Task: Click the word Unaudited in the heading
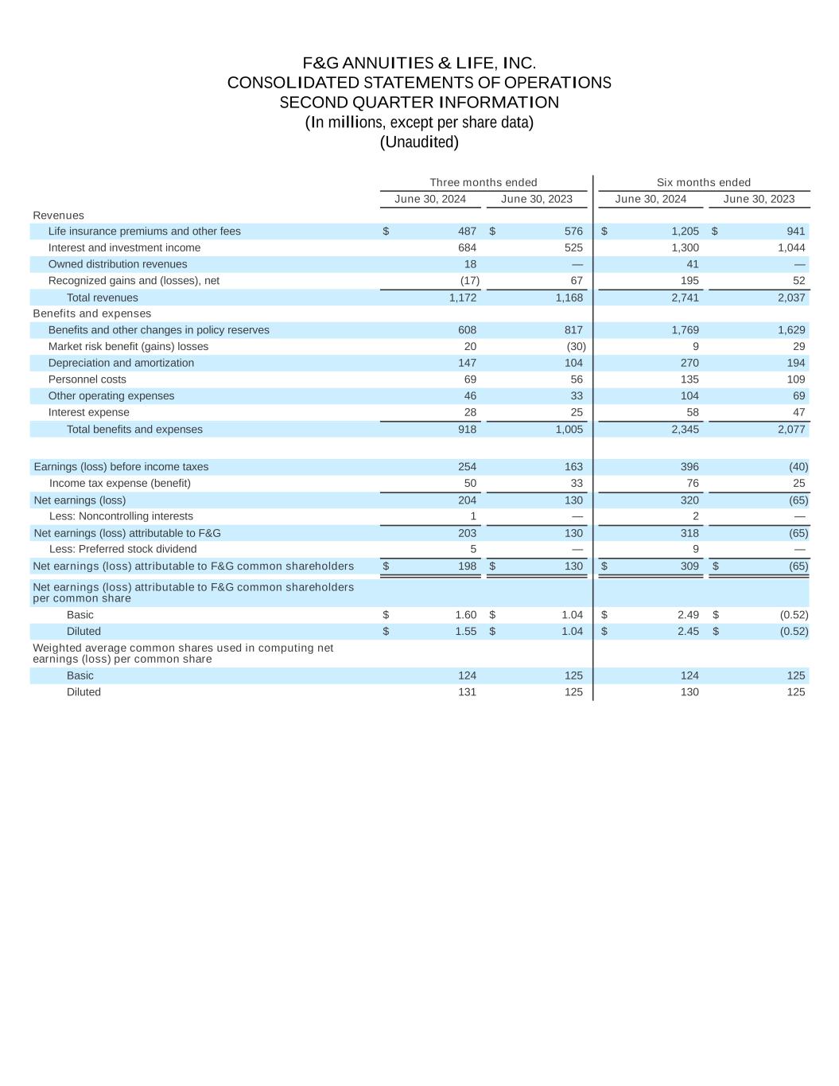click(x=419, y=142)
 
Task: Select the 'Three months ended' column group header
click(x=484, y=183)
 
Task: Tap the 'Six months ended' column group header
click(x=703, y=183)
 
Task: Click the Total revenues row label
click(x=102, y=298)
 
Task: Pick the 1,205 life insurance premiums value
click(x=685, y=232)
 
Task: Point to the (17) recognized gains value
click(x=469, y=281)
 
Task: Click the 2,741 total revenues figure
click(x=685, y=298)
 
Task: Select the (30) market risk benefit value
click(x=574, y=347)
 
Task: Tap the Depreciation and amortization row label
click(x=121, y=363)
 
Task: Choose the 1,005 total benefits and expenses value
click(x=569, y=430)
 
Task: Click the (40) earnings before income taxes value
click(x=798, y=467)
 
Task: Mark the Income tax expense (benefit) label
click(x=120, y=484)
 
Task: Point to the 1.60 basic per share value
click(x=466, y=615)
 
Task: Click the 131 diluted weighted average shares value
click(x=468, y=692)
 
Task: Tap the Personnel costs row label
click(x=87, y=380)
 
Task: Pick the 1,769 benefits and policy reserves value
click(x=685, y=330)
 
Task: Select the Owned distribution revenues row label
click(x=118, y=264)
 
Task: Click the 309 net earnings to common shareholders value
click(x=689, y=566)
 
